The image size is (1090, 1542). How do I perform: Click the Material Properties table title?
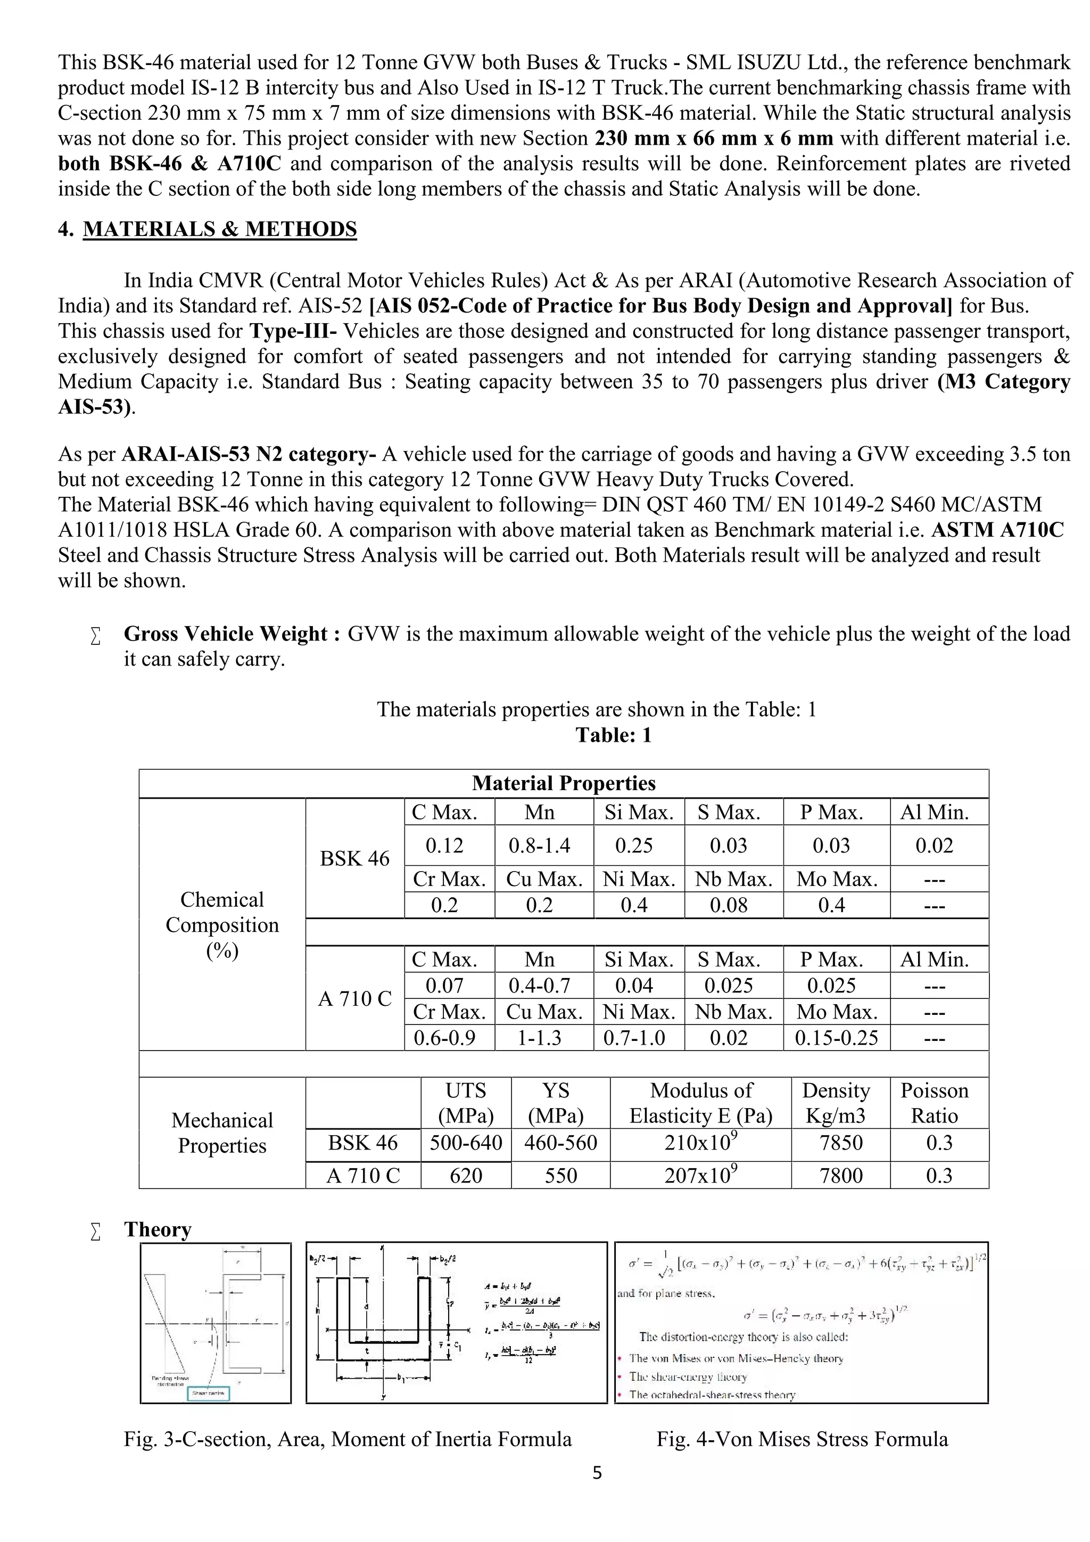(x=563, y=783)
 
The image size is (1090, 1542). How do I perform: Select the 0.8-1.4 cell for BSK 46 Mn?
(x=539, y=845)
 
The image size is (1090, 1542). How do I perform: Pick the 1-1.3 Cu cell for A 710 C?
(x=539, y=1038)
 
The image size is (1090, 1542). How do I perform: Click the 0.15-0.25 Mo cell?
(x=836, y=1038)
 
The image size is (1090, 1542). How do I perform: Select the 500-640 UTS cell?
(x=465, y=1143)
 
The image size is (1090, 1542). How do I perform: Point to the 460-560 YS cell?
(x=560, y=1143)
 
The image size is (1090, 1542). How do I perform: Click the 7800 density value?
(x=840, y=1175)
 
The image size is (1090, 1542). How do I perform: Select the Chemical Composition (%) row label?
(x=222, y=925)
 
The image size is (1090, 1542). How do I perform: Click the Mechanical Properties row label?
(x=222, y=1133)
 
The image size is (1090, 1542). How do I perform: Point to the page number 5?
(x=597, y=1473)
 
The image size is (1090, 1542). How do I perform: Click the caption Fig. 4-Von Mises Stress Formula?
(x=802, y=1439)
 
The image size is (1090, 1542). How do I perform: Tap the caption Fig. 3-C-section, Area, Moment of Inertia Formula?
(x=348, y=1439)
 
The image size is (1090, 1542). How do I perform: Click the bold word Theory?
(x=158, y=1229)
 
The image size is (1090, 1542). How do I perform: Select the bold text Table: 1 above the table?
(x=614, y=735)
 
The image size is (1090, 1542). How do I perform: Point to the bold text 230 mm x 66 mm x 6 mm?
(x=714, y=138)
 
